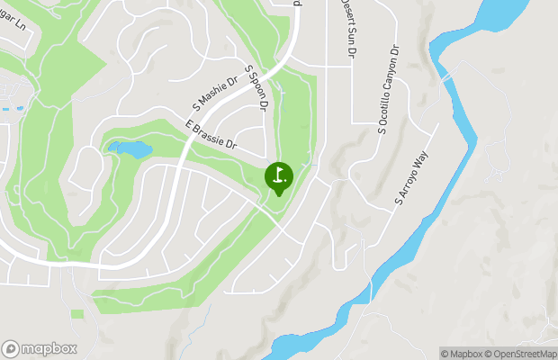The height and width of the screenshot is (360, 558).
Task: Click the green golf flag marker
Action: click(278, 176)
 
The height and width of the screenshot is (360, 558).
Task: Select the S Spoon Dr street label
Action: click(257, 87)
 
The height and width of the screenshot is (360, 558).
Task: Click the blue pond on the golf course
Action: click(128, 148)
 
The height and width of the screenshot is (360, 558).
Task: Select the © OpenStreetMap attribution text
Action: click(520, 353)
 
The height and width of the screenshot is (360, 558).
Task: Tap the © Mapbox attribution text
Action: click(462, 353)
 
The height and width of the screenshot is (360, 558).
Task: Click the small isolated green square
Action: click(77, 314)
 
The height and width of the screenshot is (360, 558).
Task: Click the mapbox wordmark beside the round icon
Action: click(49, 349)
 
